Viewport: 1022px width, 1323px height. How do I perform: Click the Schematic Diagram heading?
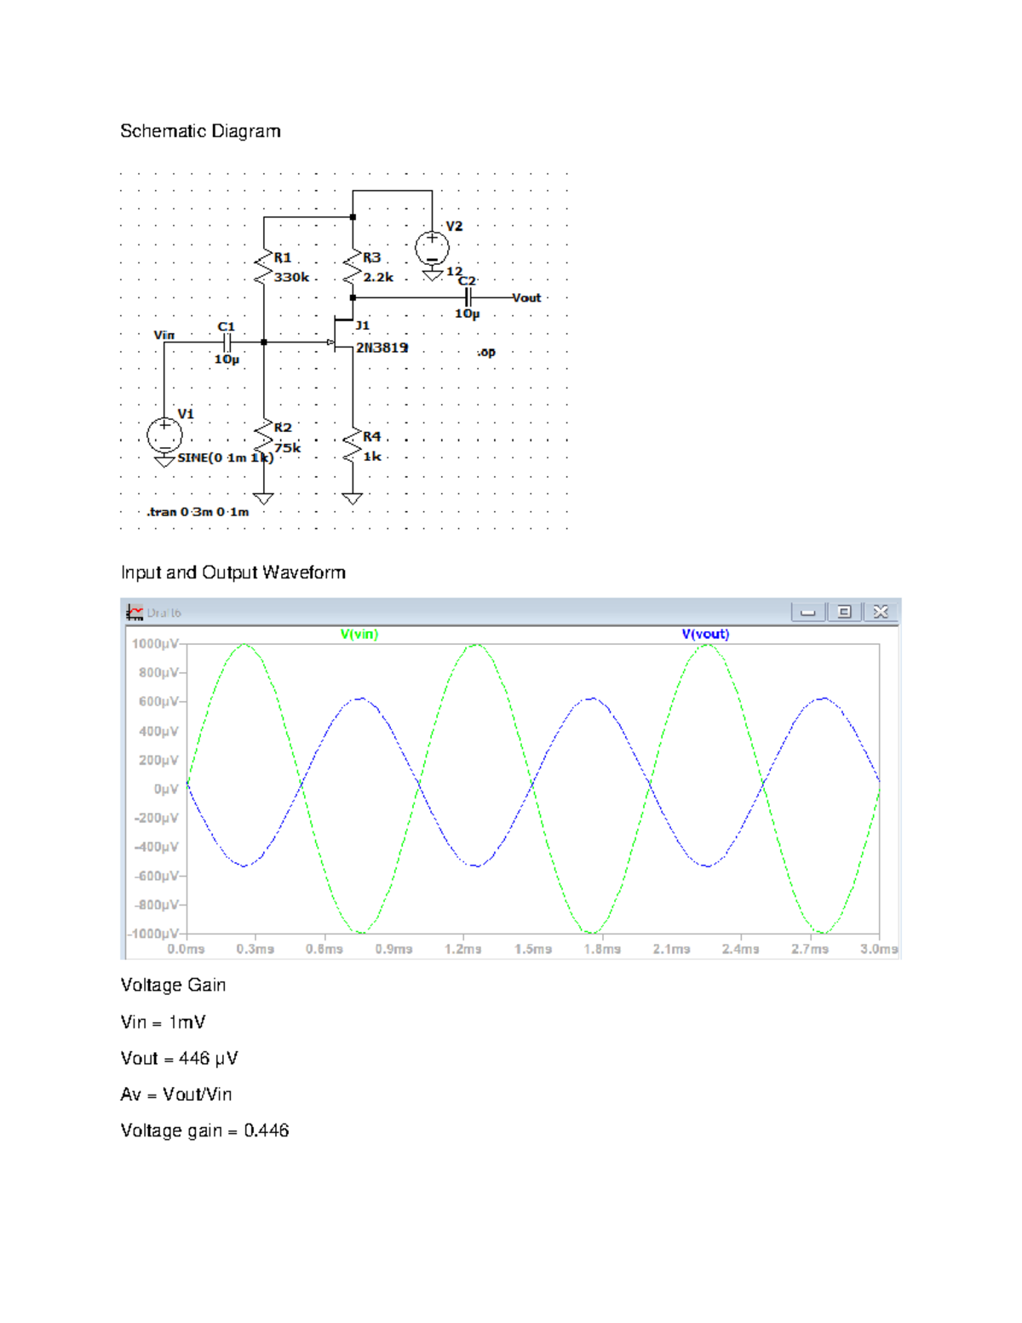[x=200, y=131]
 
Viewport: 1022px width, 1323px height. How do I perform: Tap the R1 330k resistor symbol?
[x=264, y=267]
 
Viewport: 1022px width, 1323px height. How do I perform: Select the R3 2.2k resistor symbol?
[x=353, y=267]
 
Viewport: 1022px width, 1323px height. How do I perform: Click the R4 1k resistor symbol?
[x=353, y=446]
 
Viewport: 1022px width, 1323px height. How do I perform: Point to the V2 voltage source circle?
[x=432, y=249]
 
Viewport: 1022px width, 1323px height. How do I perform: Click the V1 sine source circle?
[x=164, y=435]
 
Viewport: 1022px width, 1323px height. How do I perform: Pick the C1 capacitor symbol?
[x=227, y=342]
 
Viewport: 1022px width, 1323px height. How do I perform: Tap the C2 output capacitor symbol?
[x=468, y=297]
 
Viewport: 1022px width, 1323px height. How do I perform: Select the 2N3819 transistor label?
[x=382, y=348]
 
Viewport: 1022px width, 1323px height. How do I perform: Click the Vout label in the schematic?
[x=526, y=298]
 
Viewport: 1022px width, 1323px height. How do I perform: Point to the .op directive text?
[x=485, y=352]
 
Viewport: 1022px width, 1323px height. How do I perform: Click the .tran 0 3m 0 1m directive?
[x=198, y=512]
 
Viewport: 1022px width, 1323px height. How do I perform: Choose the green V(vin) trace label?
[x=359, y=634]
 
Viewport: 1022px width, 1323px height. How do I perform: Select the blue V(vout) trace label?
[x=705, y=634]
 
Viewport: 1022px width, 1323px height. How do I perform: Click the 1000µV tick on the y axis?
[x=155, y=644]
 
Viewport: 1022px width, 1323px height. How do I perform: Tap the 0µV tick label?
[x=166, y=789]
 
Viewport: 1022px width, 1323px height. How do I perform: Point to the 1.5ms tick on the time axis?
[x=533, y=949]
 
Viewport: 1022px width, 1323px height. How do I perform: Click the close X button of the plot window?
[x=881, y=612]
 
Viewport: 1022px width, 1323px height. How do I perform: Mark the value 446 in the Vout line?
[x=194, y=1058]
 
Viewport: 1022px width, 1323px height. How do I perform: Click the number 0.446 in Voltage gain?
[x=267, y=1130]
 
